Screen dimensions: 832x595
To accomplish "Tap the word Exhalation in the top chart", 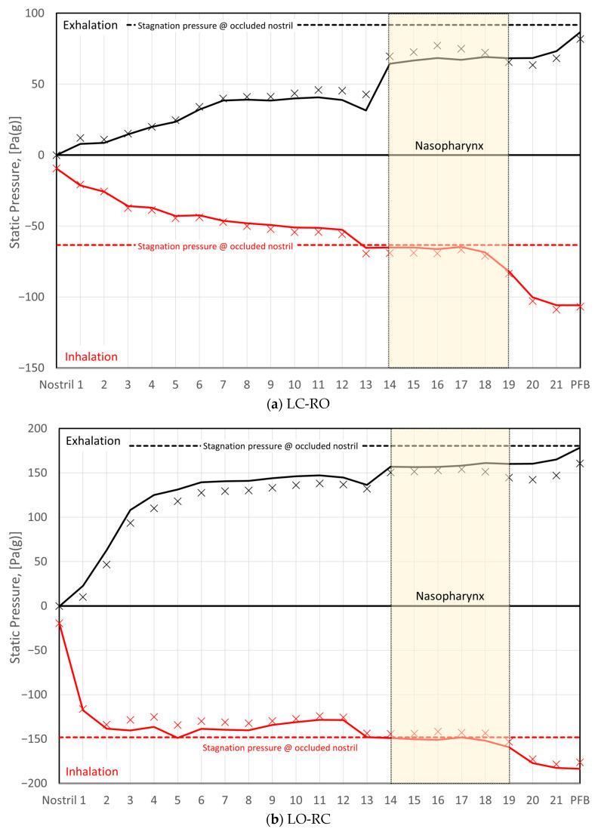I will point(91,25).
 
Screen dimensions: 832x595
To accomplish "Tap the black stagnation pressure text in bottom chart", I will point(280,446).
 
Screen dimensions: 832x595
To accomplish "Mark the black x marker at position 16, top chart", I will point(437,46).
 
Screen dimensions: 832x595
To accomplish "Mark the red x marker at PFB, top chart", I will point(580,307).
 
